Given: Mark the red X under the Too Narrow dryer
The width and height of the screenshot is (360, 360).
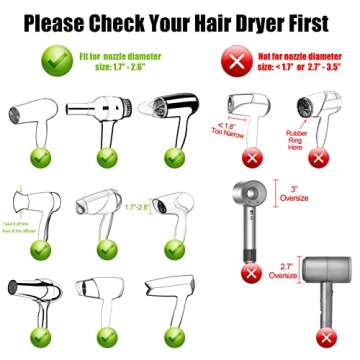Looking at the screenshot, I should pyautogui.click(x=252, y=156).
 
